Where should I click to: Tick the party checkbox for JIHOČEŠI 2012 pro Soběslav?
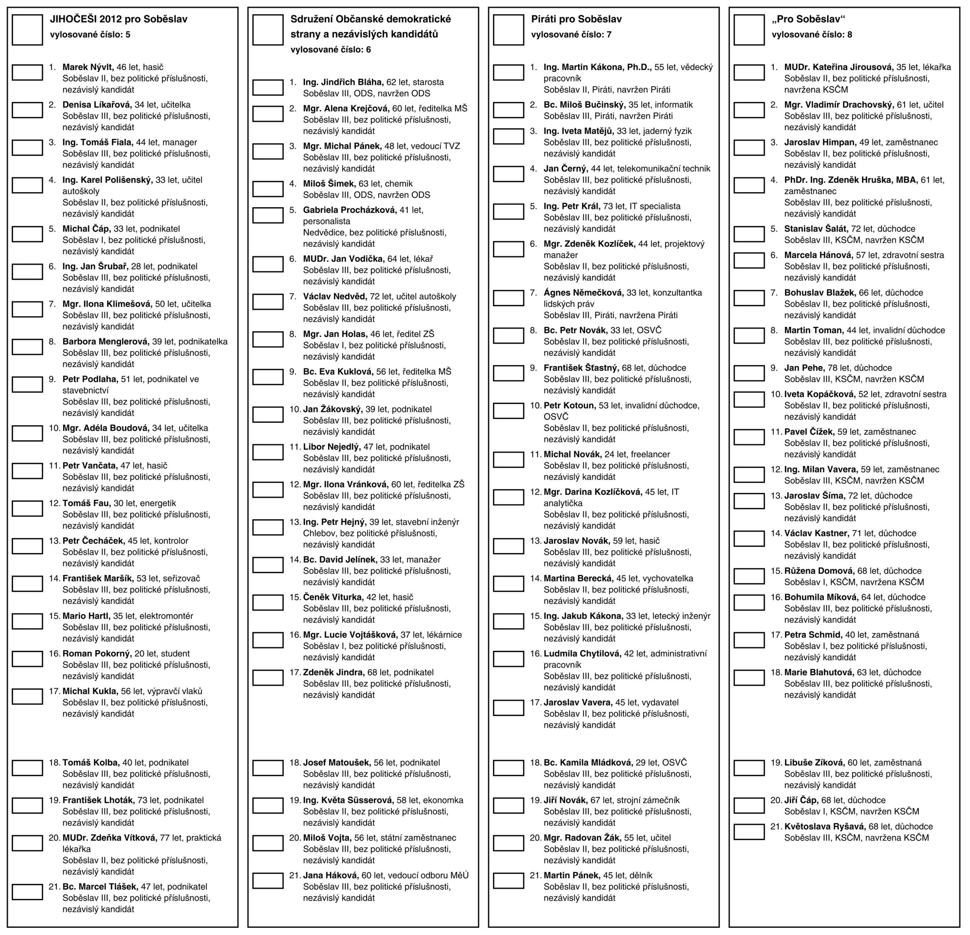pos(27,30)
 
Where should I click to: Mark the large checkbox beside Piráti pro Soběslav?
pos(508,30)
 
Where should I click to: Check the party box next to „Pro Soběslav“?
pos(749,30)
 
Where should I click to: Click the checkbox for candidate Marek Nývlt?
pos(27,72)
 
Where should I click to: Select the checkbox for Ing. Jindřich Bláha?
pos(268,88)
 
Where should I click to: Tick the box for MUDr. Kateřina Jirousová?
pos(749,72)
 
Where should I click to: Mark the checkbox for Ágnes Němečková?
pos(508,298)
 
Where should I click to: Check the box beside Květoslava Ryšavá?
pos(749,832)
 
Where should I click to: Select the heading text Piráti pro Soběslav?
pos(576,19)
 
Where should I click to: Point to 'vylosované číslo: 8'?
pos(812,34)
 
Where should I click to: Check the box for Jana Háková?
pos(268,880)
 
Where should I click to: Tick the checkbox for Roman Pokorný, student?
pos(27,659)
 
